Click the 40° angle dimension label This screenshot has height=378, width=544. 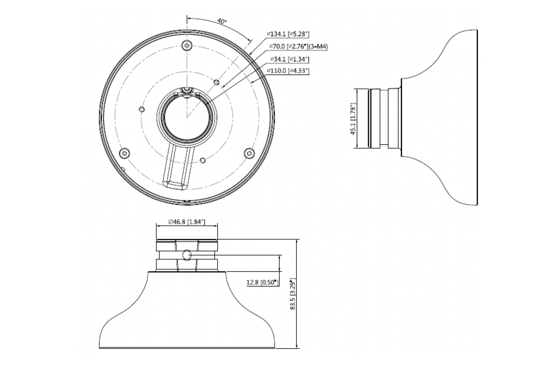pos(222,21)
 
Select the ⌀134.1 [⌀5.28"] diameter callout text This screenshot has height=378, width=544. pos(288,34)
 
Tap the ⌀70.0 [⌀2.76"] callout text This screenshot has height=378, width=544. pos(289,46)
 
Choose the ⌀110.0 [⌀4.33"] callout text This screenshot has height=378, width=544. pos(288,71)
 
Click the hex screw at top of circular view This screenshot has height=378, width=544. pos(187,46)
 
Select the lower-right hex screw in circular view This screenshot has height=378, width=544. pos(248,153)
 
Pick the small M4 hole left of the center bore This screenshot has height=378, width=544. pos(141,108)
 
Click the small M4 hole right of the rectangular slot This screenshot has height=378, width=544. pos(202,159)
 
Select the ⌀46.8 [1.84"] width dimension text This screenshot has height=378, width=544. pos(187,222)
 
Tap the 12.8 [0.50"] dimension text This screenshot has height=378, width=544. pos(262,282)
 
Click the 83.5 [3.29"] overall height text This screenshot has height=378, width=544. pos(292,294)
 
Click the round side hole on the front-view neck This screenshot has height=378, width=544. pos(188,256)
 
